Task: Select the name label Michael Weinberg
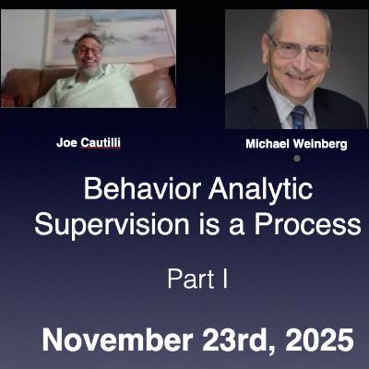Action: [x=296, y=146]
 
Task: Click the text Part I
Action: [x=196, y=279]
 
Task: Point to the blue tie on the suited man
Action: [x=298, y=115]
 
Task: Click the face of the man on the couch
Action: [x=89, y=56]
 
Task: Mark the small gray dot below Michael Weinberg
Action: [x=296, y=159]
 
